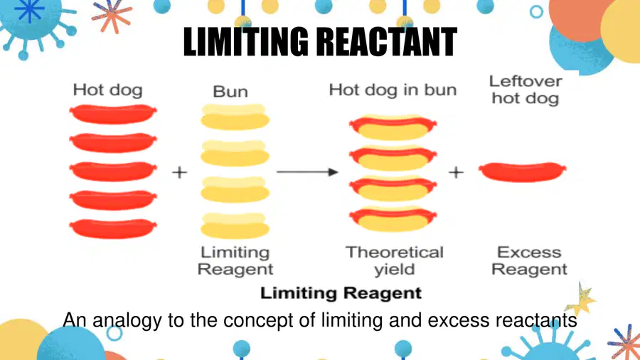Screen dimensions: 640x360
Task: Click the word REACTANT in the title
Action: point(387,42)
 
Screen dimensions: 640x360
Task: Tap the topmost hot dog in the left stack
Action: point(113,114)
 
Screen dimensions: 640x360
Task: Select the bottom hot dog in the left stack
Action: point(113,228)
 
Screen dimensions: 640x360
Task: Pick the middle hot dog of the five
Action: point(113,171)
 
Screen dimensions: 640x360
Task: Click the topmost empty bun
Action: point(235,117)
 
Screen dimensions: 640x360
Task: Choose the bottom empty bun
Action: point(235,226)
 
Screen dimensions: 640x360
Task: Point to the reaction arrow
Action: point(307,172)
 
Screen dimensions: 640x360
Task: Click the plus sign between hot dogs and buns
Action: point(180,172)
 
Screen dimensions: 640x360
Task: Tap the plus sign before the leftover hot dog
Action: point(456,172)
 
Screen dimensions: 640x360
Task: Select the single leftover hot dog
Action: point(523,172)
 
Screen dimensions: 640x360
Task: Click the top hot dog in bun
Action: point(393,127)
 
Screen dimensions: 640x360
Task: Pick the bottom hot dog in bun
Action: point(393,219)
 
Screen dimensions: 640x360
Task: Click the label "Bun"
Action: point(230,92)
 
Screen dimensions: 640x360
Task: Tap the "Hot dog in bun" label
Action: point(393,90)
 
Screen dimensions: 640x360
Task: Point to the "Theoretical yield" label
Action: point(395,261)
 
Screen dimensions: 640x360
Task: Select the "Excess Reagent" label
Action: point(529,261)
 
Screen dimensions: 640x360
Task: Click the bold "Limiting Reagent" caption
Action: point(341,293)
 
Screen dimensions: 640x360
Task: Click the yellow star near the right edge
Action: point(580,300)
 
